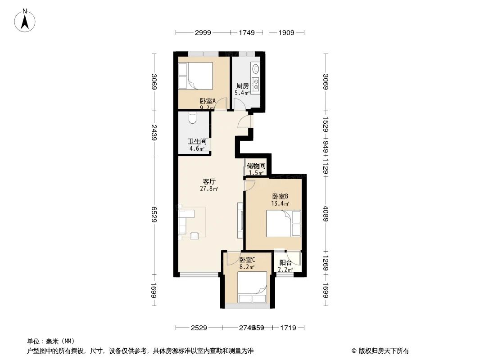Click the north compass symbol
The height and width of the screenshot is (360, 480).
pyautogui.click(x=26, y=20)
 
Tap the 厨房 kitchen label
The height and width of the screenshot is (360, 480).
pyautogui.click(x=242, y=86)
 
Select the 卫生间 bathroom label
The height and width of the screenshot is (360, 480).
pyautogui.click(x=197, y=141)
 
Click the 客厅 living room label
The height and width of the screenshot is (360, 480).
pyautogui.click(x=209, y=182)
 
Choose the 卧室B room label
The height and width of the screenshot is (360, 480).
pyautogui.click(x=280, y=196)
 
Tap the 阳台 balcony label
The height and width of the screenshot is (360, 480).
pyautogui.click(x=285, y=263)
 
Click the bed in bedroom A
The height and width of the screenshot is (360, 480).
pyautogui.click(x=195, y=75)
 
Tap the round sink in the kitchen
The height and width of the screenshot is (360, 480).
pyautogui.click(x=256, y=69)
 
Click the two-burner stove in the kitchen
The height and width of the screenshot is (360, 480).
pyautogui.click(x=256, y=83)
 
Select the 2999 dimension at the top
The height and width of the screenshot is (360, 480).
pyautogui.click(x=203, y=32)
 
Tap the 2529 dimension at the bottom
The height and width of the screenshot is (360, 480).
pyautogui.click(x=199, y=328)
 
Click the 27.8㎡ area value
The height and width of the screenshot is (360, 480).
pyautogui.click(x=209, y=189)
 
